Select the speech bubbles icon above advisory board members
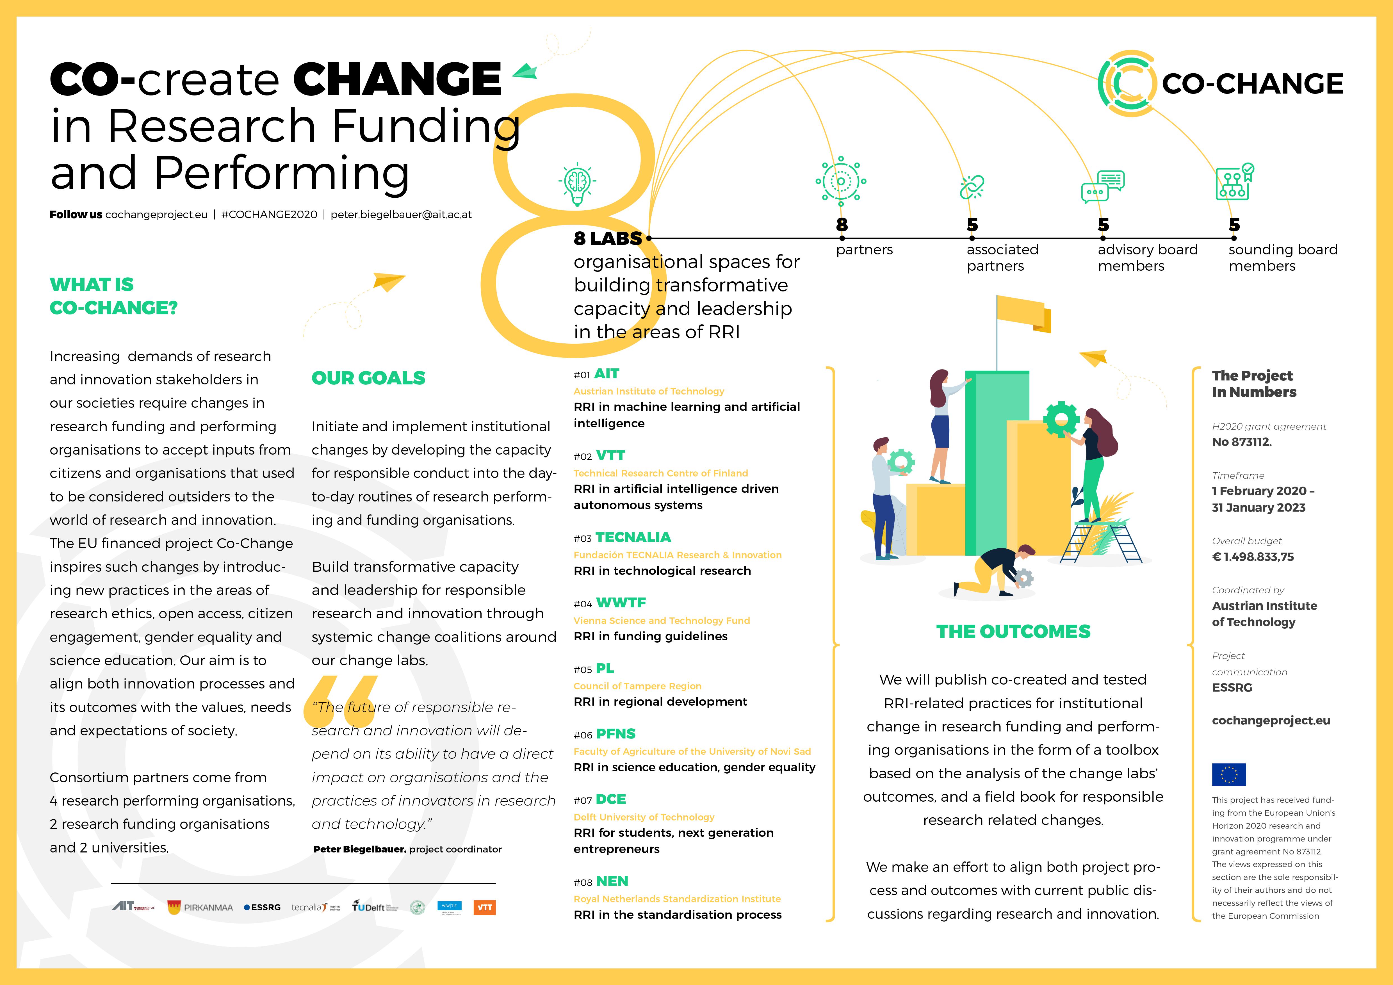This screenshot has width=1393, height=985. (x=1102, y=186)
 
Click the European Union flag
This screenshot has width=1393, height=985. (x=1228, y=774)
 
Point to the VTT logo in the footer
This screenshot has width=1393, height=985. (x=484, y=908)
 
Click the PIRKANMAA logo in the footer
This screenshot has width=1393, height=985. (x=200, y=908)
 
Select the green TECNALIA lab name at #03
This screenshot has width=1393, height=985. (x=633, y=537)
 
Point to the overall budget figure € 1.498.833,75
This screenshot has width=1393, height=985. (x=1253, y=557)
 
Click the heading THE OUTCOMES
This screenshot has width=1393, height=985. (x=1013, y=631)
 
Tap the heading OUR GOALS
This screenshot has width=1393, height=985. (x=368, y=378)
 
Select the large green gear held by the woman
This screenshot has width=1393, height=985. (x=1061, y=418)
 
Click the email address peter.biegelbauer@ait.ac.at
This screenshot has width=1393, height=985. (x=401, y=215)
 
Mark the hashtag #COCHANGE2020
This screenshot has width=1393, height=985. (x=269, y=215)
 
